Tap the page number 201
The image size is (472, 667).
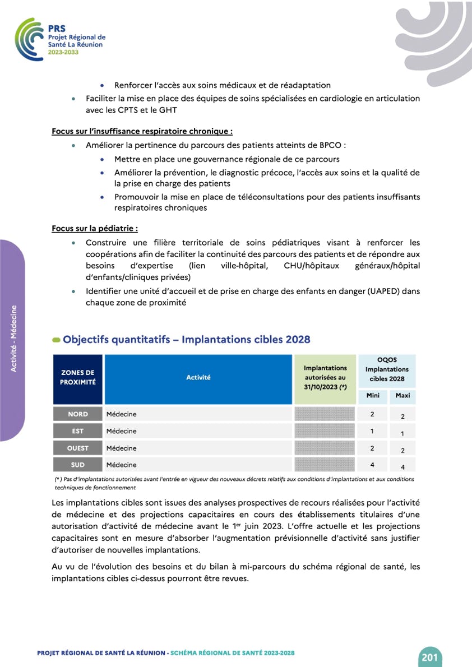(x=429, y=656)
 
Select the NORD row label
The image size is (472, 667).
(x=78, y=414)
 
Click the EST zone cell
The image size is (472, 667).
(x=78, y=431)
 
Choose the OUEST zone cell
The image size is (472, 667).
(x=78, y=448)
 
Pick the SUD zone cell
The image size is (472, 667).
(x=78, y=465)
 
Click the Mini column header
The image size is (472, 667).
(x=373, y=396)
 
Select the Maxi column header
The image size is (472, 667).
(x=402, y=396)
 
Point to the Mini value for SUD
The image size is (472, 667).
(x=373, y=465)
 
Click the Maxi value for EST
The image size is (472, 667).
(x=402, y=433)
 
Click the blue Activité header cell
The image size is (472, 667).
(x=198, y=378)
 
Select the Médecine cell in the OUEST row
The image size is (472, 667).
(x=122, y=448)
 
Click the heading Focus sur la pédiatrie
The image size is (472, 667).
(x=95, y=229)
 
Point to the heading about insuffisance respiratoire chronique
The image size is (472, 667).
(x=142, y=131)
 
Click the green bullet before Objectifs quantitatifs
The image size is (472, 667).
(x=56, y=340)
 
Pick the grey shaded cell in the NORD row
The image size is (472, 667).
(x=325, y=414)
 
